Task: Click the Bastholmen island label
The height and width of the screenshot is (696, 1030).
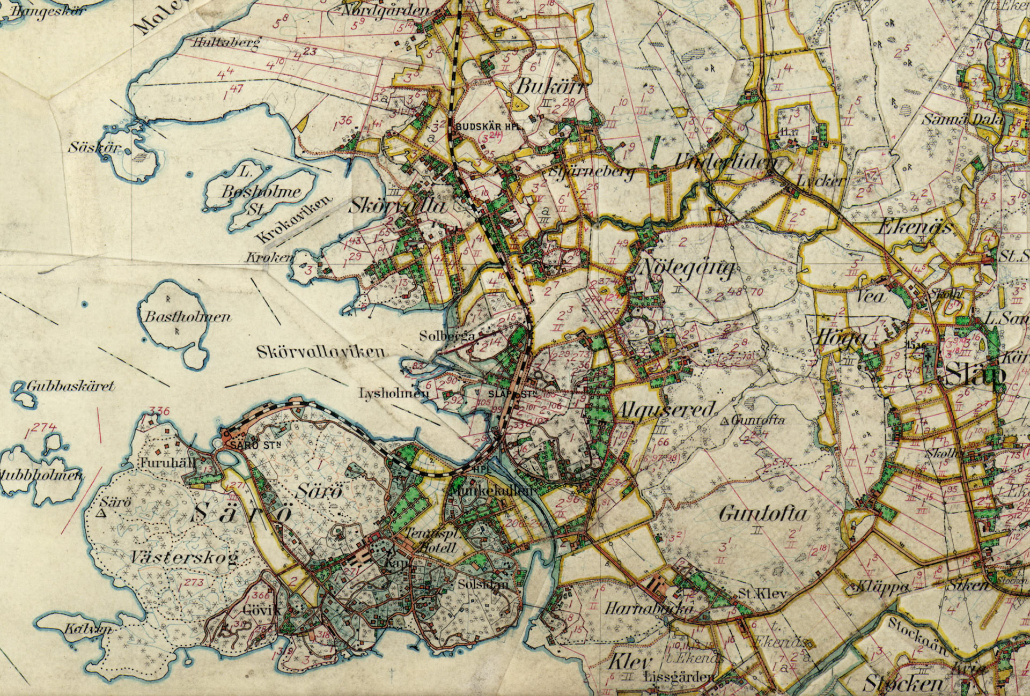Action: click(188, 316)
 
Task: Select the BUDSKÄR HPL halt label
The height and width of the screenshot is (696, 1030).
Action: click(488, 127)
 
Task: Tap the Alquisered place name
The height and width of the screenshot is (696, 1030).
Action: click(666, 410)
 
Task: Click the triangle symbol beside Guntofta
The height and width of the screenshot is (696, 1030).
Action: click(726, 421)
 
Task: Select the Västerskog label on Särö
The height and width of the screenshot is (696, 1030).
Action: click(184, 558)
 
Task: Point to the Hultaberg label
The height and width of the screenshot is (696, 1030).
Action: click(225, 43)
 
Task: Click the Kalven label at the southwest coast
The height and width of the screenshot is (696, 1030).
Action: click(89, 628)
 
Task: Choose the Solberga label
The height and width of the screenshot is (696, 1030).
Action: click(447, 336)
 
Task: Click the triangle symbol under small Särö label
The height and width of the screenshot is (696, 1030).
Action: click(100, 514)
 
